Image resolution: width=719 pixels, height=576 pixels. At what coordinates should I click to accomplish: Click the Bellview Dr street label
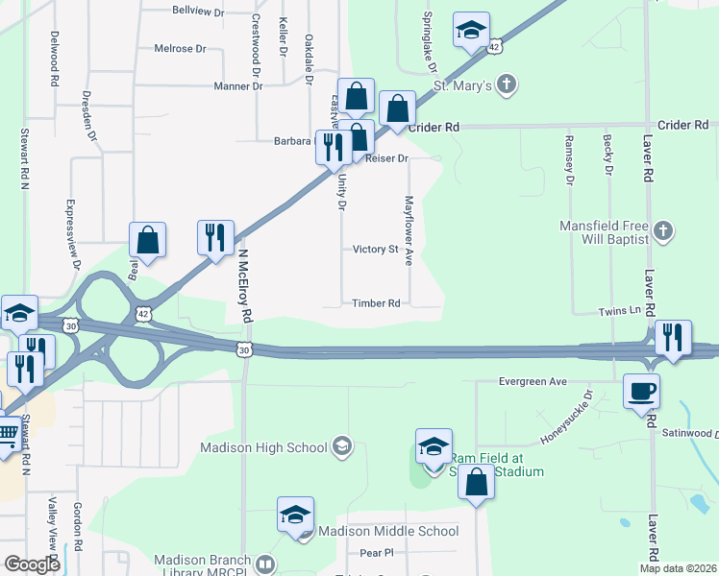(198, 12)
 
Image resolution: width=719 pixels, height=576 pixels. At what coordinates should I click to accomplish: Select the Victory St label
(375, 250)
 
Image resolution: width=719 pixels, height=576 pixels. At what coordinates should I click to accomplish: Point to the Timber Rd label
(376, 303)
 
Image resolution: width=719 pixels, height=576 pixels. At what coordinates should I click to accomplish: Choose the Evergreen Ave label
(533, 381)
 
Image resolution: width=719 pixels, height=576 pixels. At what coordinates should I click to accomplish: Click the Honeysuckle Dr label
(567, 417)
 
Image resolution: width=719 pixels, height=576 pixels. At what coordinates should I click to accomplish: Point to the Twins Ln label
(620, 311)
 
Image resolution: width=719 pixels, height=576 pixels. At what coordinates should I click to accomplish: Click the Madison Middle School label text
(388, 531)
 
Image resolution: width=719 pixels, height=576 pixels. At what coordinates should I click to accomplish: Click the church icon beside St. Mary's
(508, 85)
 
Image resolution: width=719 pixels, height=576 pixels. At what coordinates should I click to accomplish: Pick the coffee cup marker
(641, 390)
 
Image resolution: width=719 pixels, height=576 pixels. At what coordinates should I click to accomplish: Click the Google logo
(33, 564)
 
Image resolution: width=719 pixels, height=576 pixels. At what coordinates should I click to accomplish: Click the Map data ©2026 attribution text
(678, 568)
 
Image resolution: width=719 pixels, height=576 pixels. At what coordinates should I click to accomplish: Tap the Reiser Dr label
(387, 158)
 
